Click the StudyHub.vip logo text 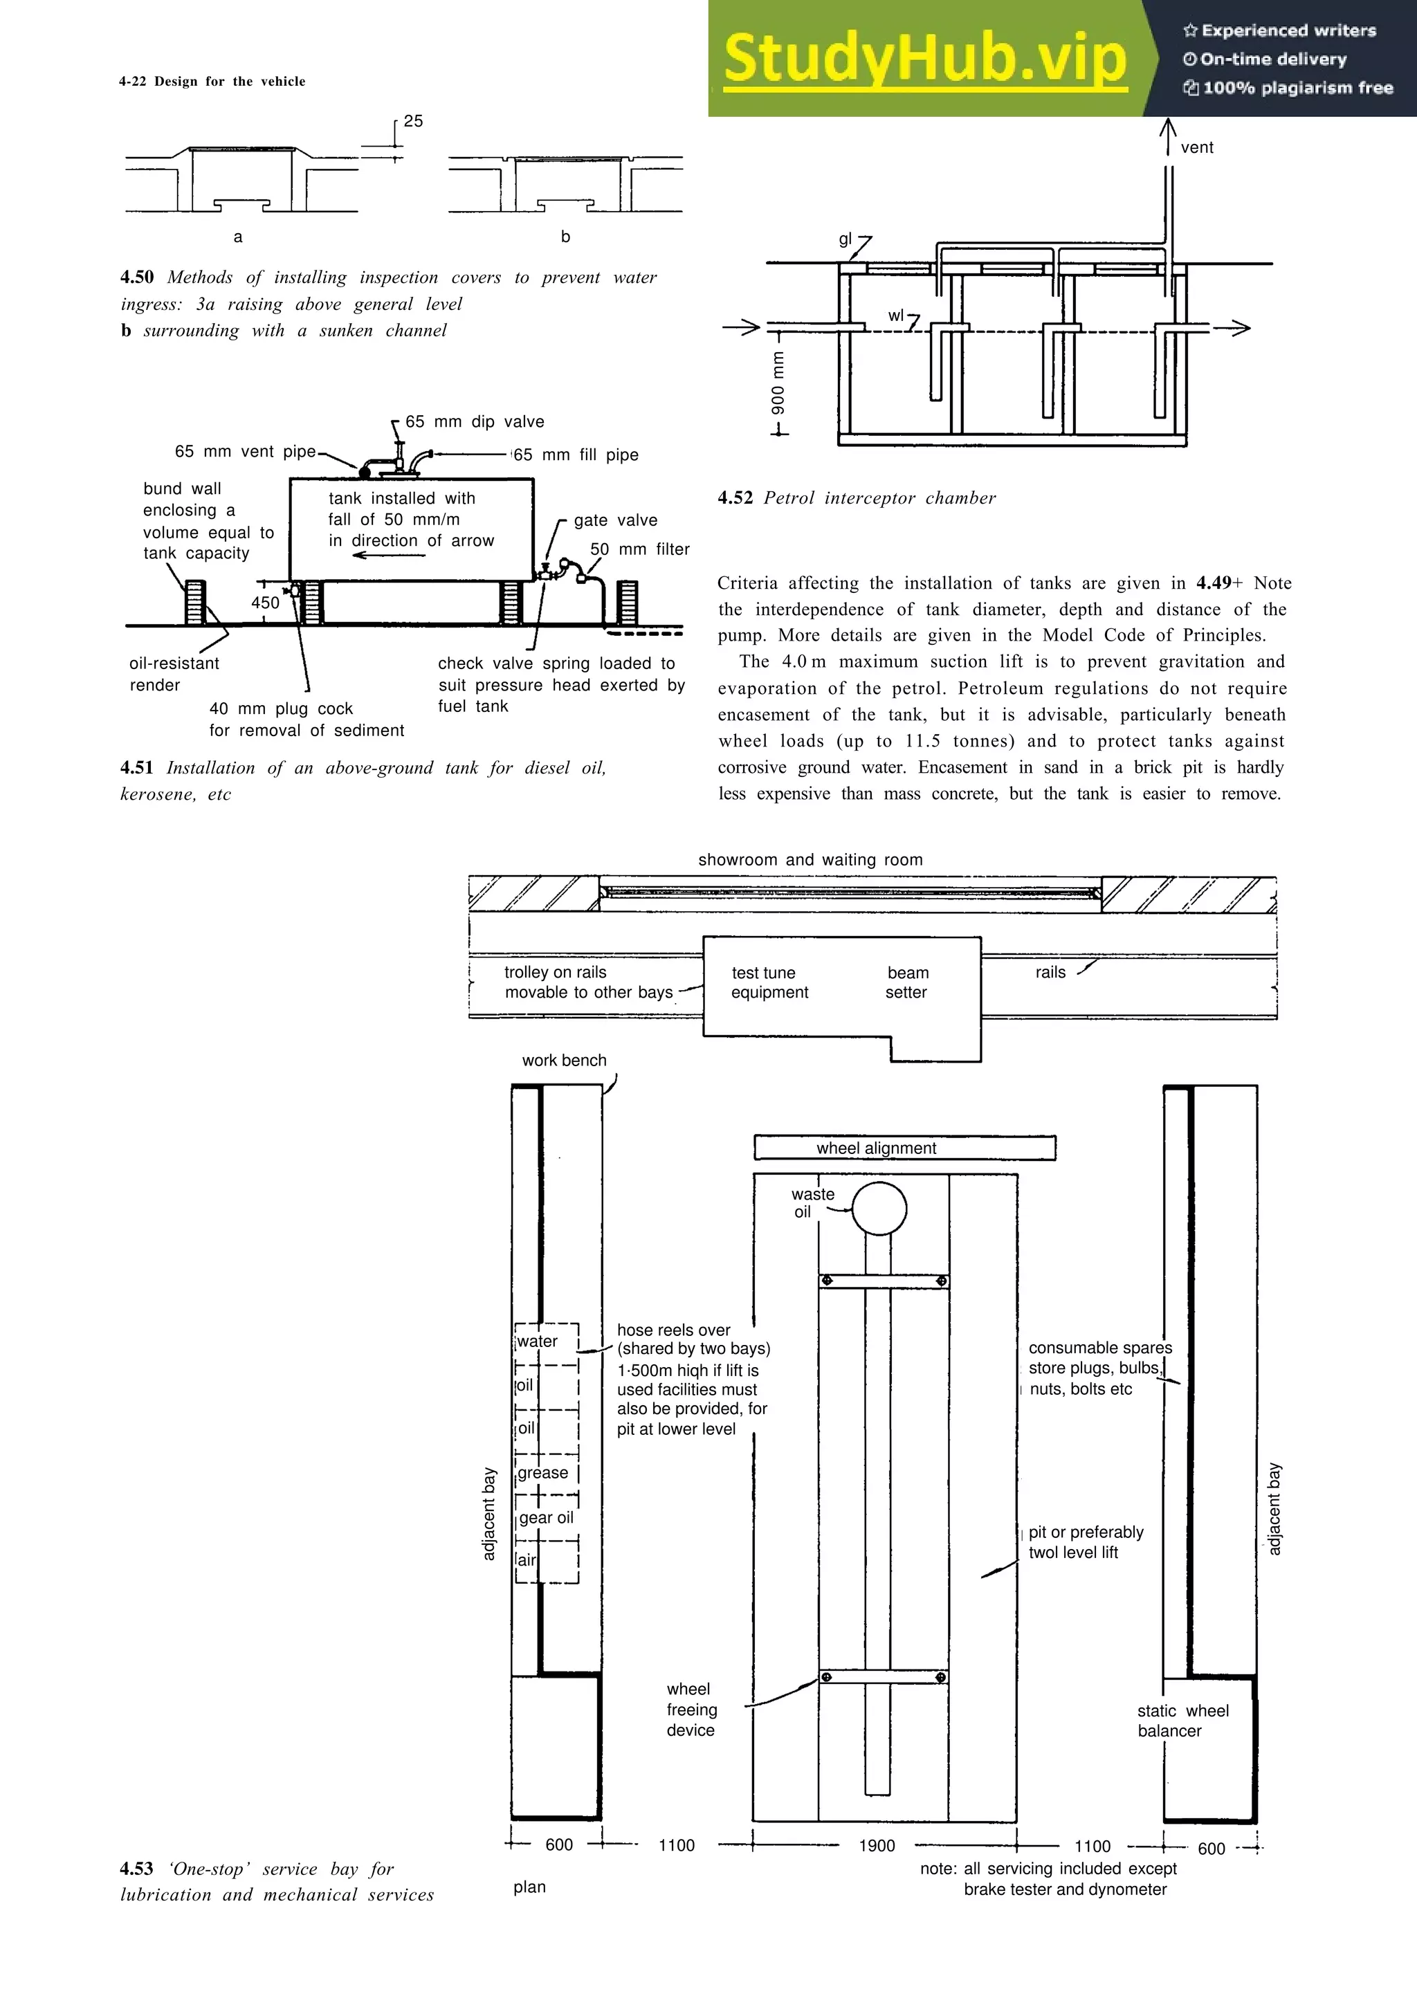coord(926,59)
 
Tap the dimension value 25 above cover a coord(413,121)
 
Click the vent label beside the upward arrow coord(1196,147)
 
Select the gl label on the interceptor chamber coord(844,240)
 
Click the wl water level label coord(896,315)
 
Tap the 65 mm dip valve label coord(474,422)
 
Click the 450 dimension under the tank coord(266,603)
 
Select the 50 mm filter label coord(639,549)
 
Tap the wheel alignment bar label coord(876,1148)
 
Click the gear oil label coord(547,1518)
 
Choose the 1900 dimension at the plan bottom coord(877,1845)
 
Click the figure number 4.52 coord(735,497)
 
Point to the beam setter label coord(907,982)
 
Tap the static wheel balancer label coord(1182,1721)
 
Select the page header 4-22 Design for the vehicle coord(212,81)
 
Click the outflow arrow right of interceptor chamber coord(1231,329)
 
